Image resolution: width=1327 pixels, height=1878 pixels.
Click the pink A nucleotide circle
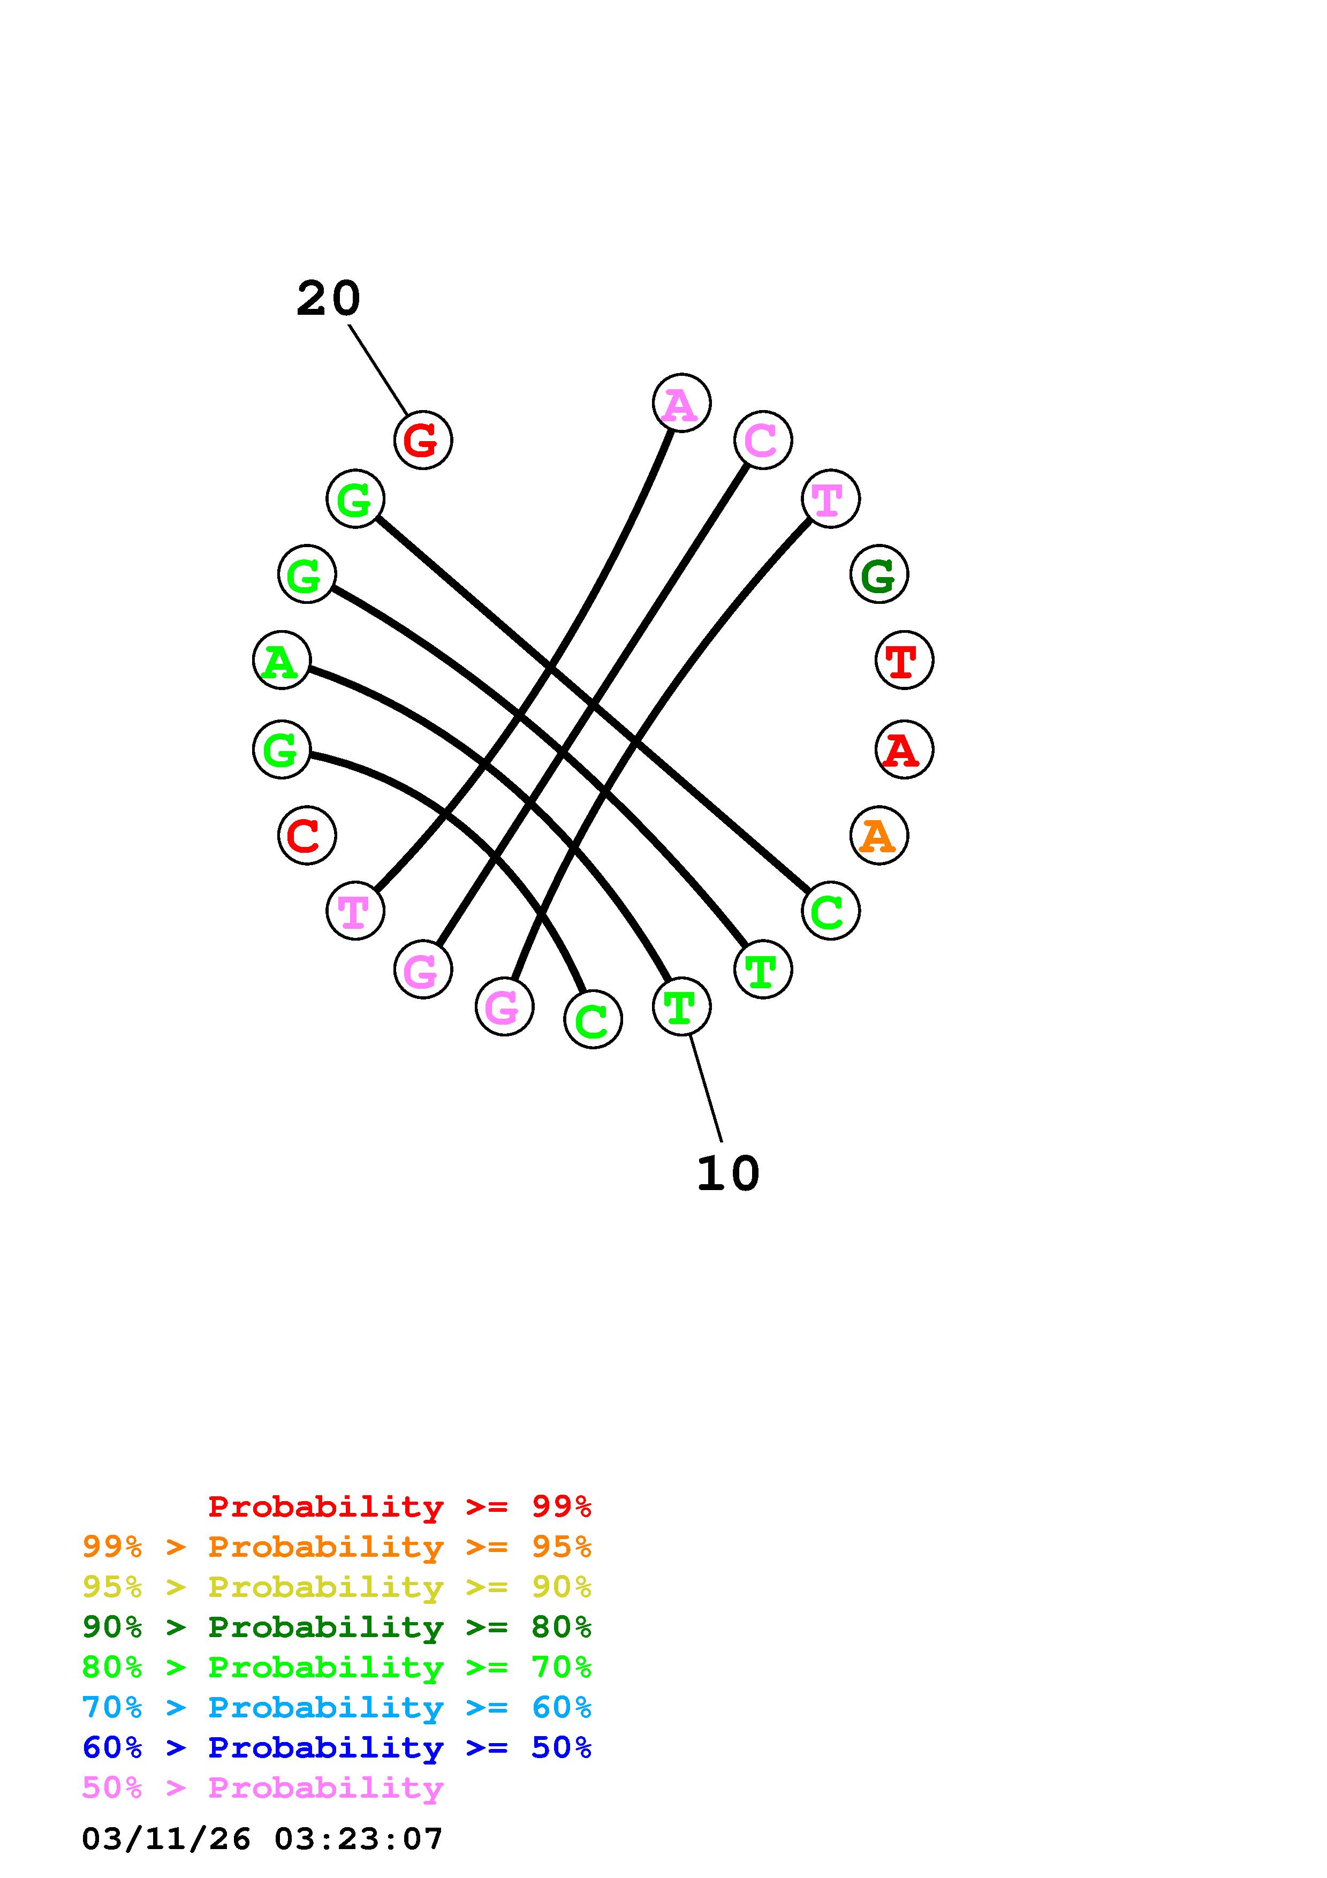point(681,403)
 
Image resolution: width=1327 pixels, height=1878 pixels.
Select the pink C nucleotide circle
point(763,440)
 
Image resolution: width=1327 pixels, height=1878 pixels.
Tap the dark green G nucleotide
point(879,574)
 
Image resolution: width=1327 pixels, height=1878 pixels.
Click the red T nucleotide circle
point(904,660)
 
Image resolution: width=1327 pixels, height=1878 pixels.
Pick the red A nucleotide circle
point(904,749)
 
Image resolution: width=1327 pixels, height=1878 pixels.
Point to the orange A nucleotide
point(879,835)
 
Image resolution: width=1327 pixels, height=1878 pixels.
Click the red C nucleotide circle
point(307,835)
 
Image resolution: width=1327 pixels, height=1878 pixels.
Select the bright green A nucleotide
point(281,660)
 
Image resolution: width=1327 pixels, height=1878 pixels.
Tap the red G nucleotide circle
point(423,440)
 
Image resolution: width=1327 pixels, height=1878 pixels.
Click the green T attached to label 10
point(681,1006)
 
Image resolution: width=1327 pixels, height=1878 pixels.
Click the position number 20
point(328,299)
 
